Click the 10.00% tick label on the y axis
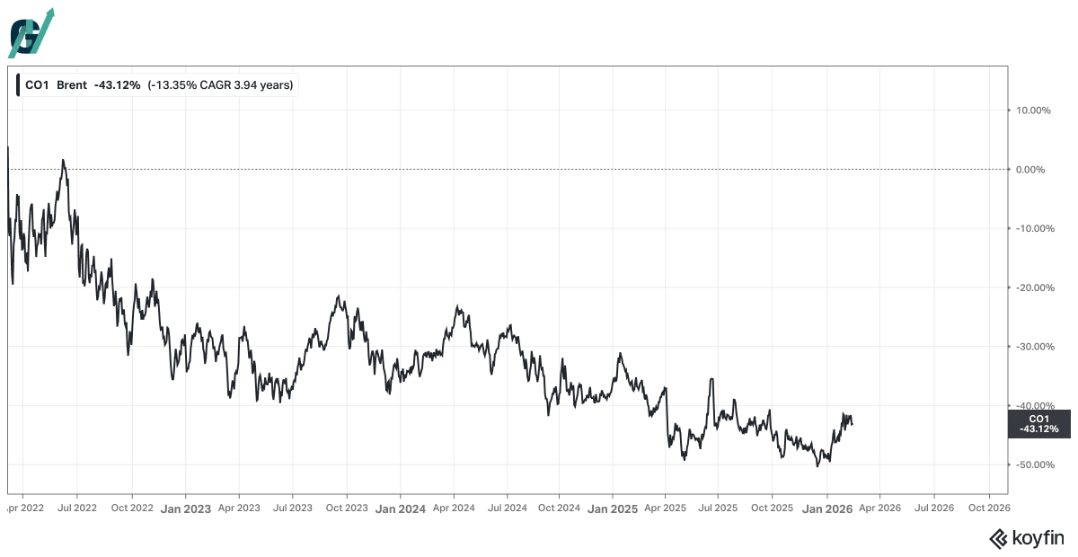point(1033,111)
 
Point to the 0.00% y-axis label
point(1030,170)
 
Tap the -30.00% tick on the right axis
point(1035,347)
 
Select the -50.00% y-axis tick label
point(1035,464)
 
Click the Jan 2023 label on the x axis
point(186,508)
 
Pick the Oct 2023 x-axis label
point(347,508)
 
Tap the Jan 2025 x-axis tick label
point(613,508)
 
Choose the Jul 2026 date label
point(934,508)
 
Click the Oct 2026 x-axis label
point(989,508)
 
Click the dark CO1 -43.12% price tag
point(1039,424)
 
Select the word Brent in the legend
point(72,85)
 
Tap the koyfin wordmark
point(1027,538)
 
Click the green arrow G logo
point(31,34)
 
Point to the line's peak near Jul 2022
point(63,160)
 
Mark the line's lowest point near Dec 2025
point(817,466)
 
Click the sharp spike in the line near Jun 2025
point(711,379)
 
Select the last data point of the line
point(853,424)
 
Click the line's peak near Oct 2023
point(339,296)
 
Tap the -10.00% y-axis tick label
point(1035,228)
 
